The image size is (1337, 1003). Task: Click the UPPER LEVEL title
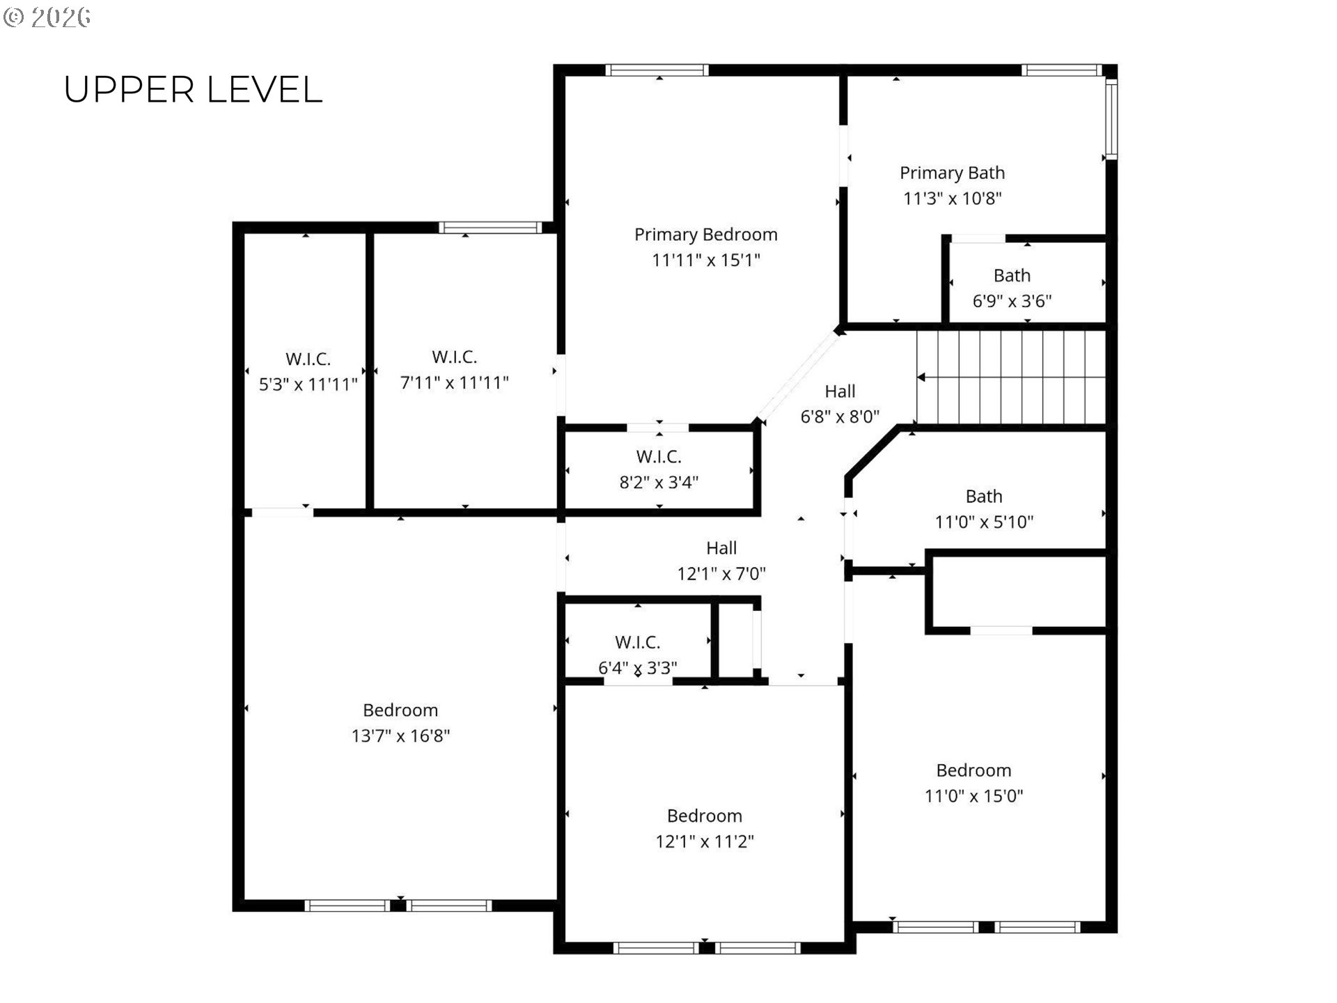coord(193,90)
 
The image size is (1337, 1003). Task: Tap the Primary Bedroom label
coord(705,235)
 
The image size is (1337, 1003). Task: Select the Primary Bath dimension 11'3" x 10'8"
coord(952,199)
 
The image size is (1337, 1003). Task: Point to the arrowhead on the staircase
coord(921,378)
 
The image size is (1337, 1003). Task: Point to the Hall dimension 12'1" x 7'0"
coord(721,574)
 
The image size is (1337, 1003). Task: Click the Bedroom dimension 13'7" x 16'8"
coord(400,736)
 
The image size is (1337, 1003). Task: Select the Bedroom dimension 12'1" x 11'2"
coord(705,841)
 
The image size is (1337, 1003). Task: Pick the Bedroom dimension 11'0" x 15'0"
coord(974,796)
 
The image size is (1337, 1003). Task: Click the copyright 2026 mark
coord(47,17)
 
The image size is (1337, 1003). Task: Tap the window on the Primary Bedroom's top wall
coord(657,70)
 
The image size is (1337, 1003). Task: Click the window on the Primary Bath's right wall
coord(1111,119)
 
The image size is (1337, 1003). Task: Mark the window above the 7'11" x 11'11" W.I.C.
coord(490,228)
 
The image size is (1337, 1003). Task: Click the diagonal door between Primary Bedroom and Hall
coord(797,377)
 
